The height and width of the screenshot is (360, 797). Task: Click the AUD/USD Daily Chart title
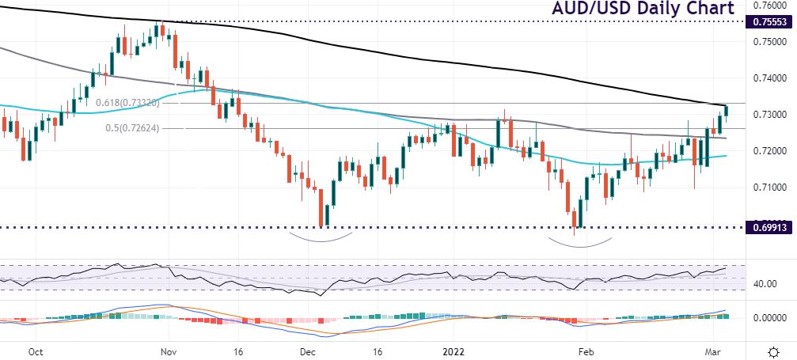point(643,9)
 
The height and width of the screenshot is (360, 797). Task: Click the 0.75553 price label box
point(769,22)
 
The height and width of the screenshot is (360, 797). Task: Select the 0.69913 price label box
point(769,227)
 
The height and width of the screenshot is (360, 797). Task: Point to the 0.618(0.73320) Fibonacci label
point(129,103)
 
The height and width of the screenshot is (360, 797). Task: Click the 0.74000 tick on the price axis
point(770,78)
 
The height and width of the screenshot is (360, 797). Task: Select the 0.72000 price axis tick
point(770,150)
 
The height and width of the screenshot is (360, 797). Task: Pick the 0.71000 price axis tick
point(770,187)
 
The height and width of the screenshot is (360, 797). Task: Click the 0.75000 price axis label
point(770,42)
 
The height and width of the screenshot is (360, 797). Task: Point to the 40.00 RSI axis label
point(764,283)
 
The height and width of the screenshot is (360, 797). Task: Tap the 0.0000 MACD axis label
point(768,317)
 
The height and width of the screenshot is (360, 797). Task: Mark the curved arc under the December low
point(321,237)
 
